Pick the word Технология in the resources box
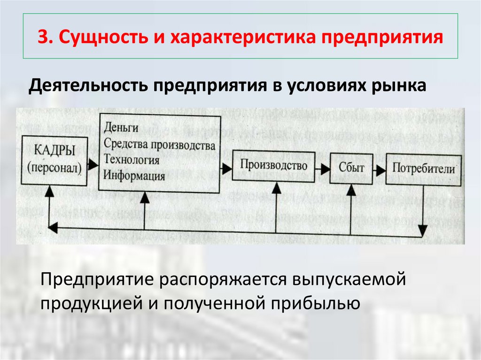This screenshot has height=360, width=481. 132,160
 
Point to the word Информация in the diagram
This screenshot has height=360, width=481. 134,176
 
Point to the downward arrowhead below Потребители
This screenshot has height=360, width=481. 423,229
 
